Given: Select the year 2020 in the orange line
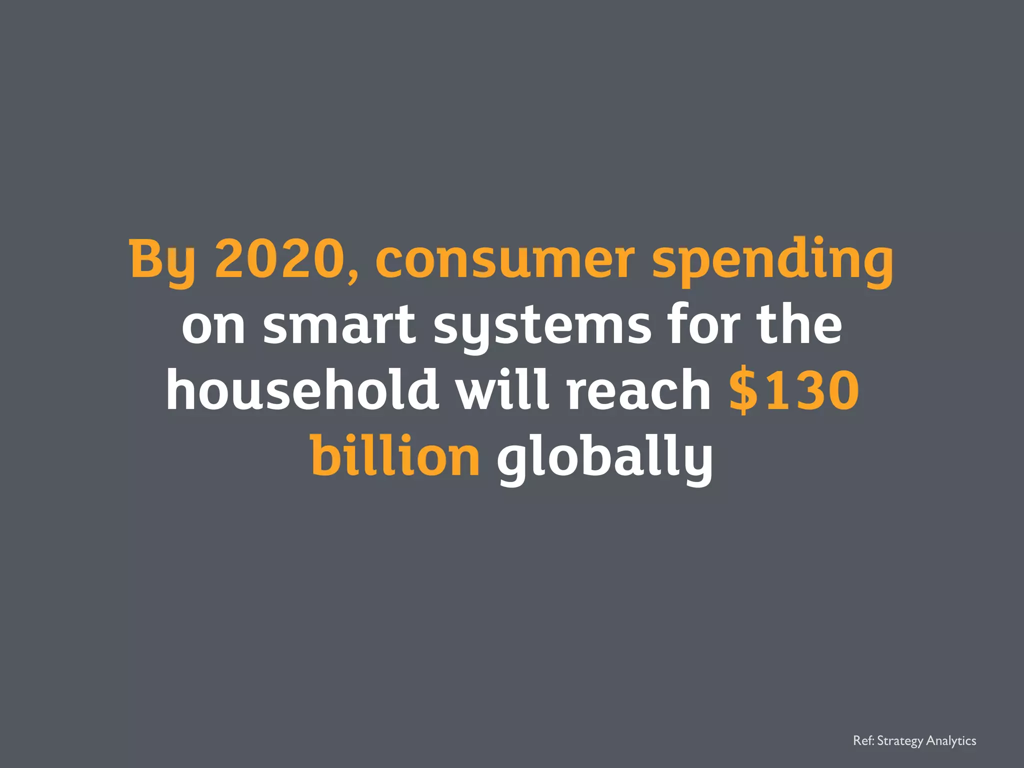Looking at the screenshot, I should (x=280, y=259).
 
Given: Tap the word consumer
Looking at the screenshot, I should (x=504, y=260).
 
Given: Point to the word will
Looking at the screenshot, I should (x=503, y=389).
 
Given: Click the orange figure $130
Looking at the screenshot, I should (x=794, y=390).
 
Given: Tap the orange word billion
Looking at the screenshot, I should (x=395, y=455).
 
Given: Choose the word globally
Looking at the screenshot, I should (x=604, y=457).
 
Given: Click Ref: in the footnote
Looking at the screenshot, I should (x=863, y=740).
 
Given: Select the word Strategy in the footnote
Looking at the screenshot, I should (x=900, y=741).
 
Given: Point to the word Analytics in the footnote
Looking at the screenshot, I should (x=951, y=741).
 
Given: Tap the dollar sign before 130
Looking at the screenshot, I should (x=743, y=390).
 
